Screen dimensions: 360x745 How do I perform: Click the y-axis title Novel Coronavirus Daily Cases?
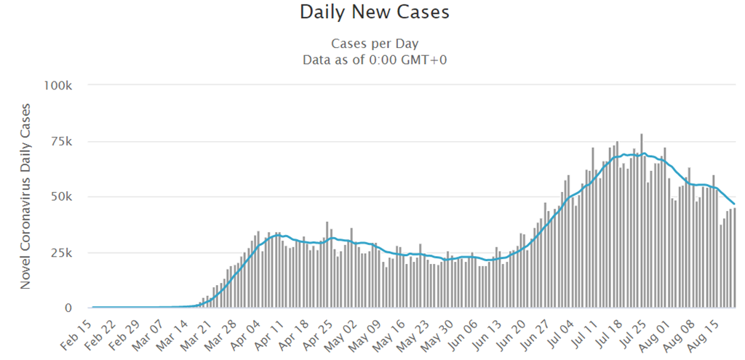click(25, 196)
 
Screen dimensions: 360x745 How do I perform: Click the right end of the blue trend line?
click(734, 204)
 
